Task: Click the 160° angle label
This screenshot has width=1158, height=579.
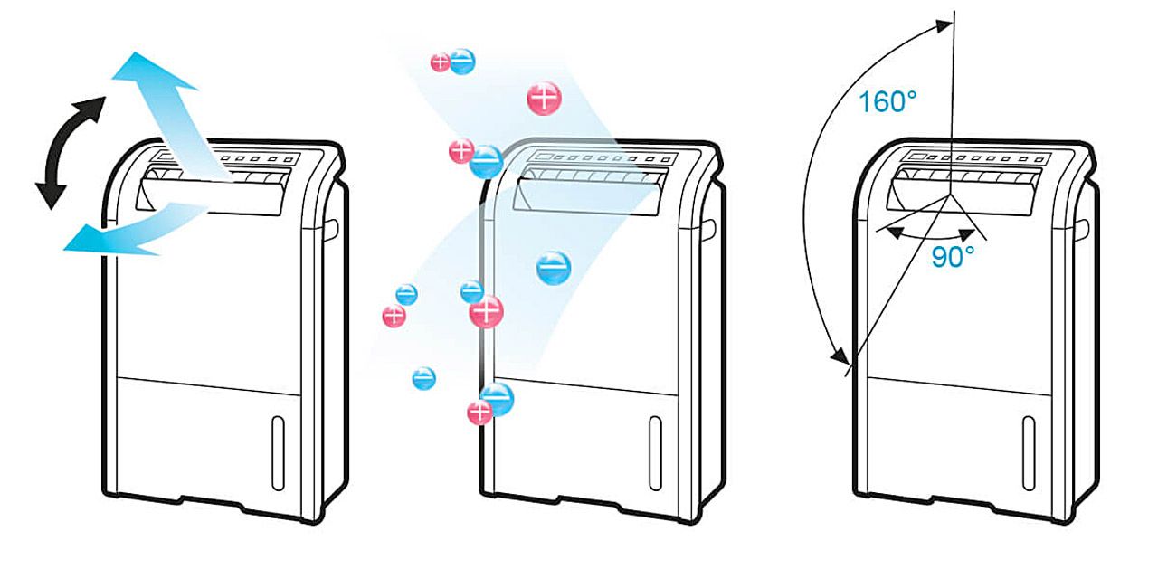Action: point(887,101)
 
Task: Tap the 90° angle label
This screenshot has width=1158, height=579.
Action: point(953,258)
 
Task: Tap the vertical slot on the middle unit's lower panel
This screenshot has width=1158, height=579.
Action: point(655,441)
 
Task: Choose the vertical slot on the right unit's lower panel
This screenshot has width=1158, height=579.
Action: point(1029,441)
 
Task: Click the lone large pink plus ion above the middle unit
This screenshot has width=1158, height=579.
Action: point(544,98)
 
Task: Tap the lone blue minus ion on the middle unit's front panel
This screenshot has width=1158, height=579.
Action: point(554,268)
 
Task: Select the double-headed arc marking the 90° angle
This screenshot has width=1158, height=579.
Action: point(934,233)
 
